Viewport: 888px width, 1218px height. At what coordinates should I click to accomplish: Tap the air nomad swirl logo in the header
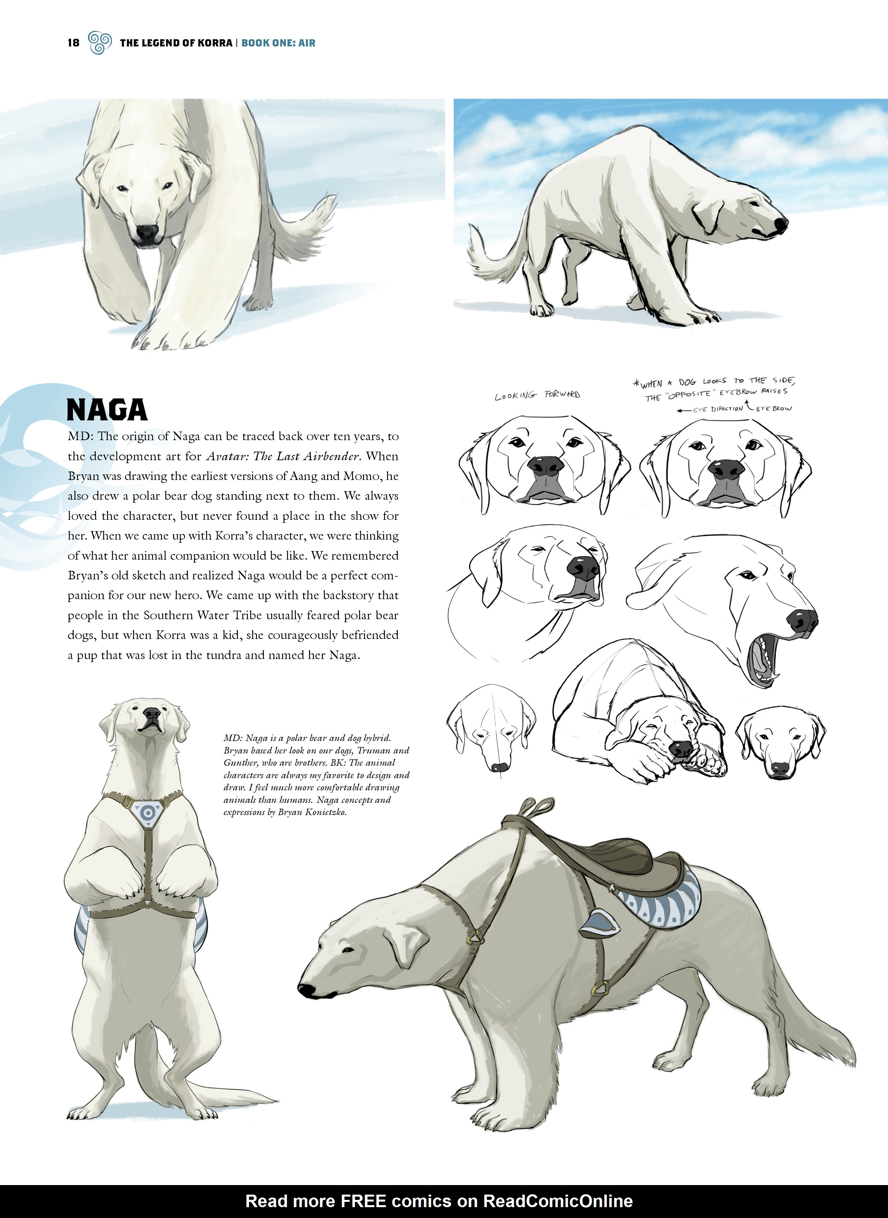coord(99,43)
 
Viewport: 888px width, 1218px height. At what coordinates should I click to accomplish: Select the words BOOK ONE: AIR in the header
coord(278,43)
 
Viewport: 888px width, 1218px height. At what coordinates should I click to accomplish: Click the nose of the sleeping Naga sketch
coord(682,749)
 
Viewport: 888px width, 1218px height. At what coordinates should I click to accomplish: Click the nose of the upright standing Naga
coord(151,714)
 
